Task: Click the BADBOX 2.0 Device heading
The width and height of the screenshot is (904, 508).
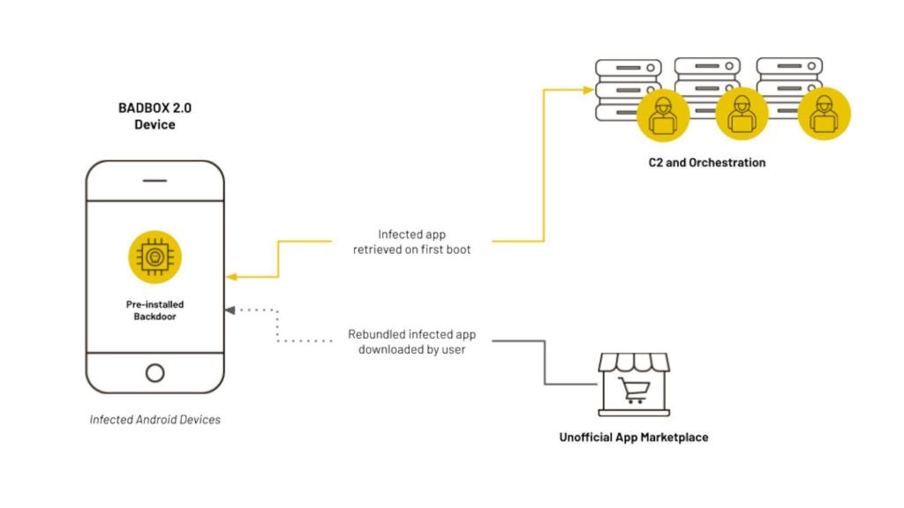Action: pyautogui.click(x=154, y=116)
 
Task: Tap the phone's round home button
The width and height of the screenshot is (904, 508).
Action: pyautogui.click(x=154, y=372)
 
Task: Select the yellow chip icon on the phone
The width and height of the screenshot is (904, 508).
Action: pyautogui.click(x=154, y=257)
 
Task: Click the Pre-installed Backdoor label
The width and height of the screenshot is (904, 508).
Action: pyautogui.click(x=154, y=310)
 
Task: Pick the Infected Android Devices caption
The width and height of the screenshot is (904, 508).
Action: pyautogui.click(x=154, y=420)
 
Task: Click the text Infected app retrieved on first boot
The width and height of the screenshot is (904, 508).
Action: pyautogui.click(x=413, y=242)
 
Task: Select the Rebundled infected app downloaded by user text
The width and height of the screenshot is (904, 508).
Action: pyautogui.click(x=413, y=342)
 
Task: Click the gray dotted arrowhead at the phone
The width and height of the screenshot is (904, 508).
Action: pyautogui.click(x=230, y=310)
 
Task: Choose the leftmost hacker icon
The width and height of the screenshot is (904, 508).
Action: pyautogui.click(x=662, y=116)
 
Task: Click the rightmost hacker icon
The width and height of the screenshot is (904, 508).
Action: pyautogui.click(x=823, y=116)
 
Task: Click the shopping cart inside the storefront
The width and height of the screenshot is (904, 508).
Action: pyautogui.click(x=634, y=389)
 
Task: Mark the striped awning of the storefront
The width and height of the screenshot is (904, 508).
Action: pyautogui.click(x=634, y=362)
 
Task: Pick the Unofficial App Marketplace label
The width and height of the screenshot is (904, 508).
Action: pyautogui.click(x=633, y=437)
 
